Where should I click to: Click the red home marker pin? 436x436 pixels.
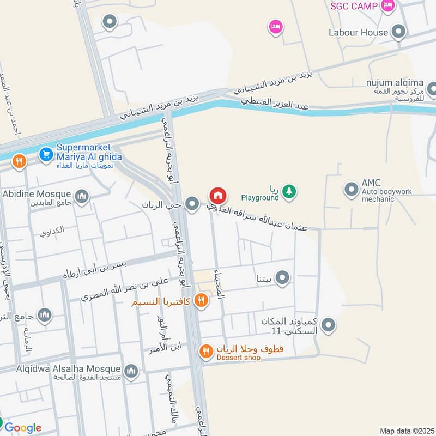[217, 195]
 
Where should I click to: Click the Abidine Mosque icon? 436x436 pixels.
[82, 196]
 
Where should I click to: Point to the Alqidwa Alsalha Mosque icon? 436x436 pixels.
[131, 372]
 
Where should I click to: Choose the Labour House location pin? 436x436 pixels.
[399, 32]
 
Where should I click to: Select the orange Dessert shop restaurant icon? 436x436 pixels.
[205, 352]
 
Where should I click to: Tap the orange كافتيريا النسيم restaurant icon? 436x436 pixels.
[202, 300]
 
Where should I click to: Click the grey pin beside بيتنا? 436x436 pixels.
[282, 278]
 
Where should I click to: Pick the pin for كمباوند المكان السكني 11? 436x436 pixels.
[328, 326]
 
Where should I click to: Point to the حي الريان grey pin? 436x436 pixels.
[191, 204]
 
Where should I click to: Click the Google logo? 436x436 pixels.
[22, 428]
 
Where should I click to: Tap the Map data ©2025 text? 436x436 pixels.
[406, 431]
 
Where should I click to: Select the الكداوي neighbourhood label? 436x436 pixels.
[52, 231]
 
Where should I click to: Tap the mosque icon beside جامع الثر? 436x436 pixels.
[45, 314]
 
